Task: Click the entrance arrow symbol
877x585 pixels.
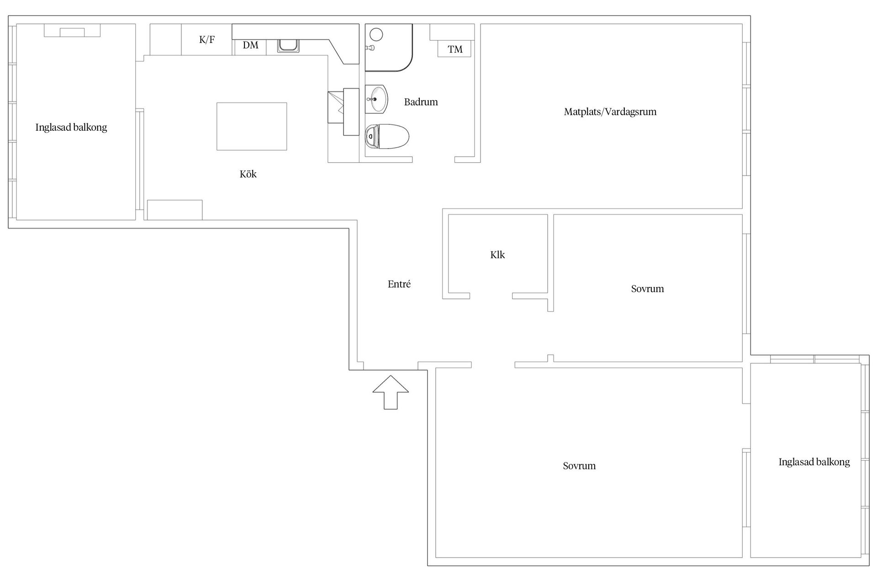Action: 391,392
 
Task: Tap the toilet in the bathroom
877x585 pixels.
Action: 387,137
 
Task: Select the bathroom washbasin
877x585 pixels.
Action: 376,99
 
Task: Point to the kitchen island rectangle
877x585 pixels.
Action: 252,126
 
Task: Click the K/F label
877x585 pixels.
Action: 207,40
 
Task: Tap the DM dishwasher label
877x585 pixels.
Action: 250,45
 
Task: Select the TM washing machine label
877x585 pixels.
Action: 455,49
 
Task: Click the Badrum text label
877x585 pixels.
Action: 421,102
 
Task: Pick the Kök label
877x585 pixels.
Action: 248,174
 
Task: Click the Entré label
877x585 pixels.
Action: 399,284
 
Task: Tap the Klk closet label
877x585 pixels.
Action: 497,255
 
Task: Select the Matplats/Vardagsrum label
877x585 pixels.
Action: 610,112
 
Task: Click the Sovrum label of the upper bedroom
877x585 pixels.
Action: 647,289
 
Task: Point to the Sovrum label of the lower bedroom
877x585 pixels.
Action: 579,466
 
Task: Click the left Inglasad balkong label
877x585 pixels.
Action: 71,128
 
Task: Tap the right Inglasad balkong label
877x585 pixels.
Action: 814,462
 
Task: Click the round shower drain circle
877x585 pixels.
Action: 376,34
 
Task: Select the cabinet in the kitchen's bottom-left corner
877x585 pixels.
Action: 174,210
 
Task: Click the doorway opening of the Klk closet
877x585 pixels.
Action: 491,296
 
